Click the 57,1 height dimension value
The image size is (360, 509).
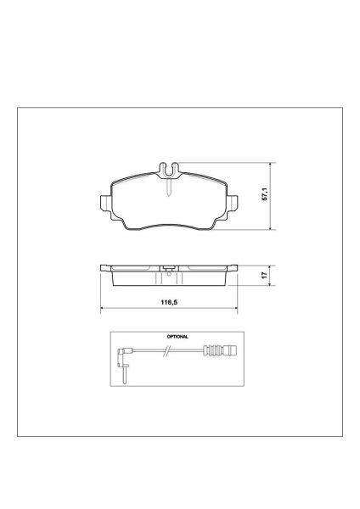265,194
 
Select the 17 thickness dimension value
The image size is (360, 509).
265,275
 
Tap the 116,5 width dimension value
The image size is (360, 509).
169,303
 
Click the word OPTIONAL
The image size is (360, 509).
177,337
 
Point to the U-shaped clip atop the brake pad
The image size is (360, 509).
169,171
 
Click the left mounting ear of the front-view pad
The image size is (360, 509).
105,204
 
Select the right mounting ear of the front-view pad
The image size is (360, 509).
233,204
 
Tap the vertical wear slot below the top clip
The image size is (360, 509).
169,187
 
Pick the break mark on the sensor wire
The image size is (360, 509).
166,350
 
